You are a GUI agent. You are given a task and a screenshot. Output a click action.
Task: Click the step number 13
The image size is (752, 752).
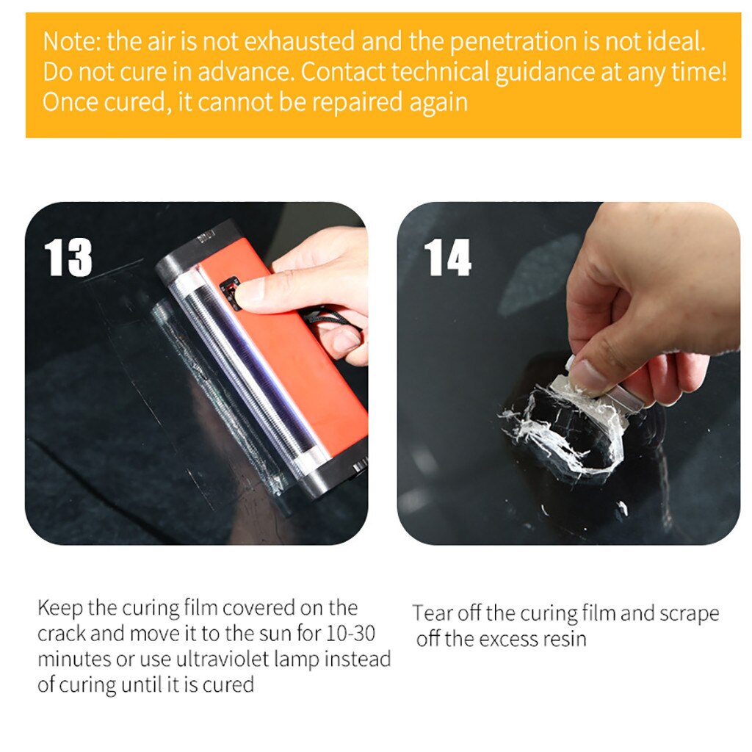point(68,257)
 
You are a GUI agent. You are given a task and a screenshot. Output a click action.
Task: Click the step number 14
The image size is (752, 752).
point(447,257)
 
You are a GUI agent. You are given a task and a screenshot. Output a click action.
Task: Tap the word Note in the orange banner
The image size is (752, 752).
point(69,41)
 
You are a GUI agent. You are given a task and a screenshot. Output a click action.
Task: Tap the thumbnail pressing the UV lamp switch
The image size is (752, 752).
point(252,292)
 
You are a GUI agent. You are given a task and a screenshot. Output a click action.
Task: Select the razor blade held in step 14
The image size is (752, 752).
point(595,389)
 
